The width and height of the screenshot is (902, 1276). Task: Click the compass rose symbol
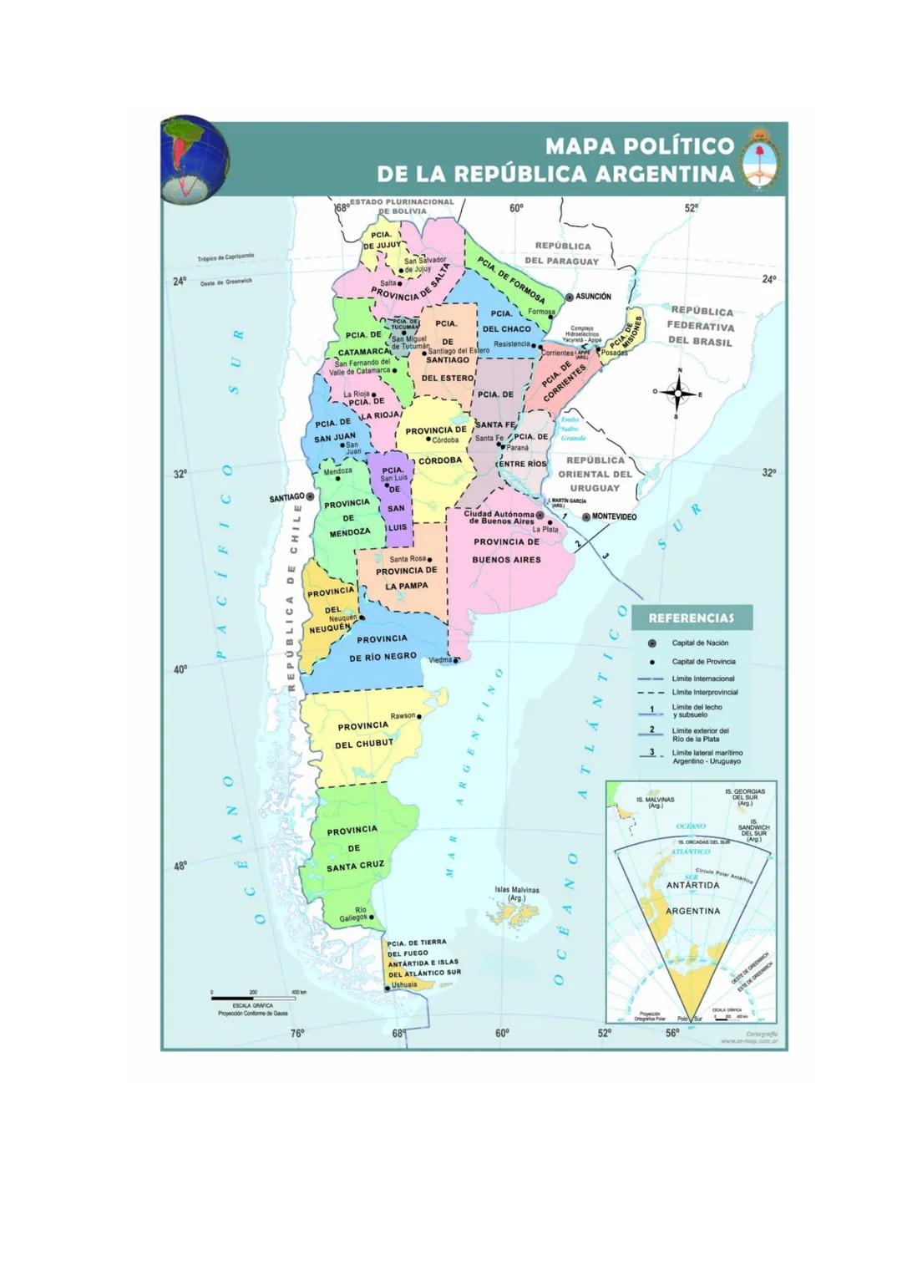coord(679,392)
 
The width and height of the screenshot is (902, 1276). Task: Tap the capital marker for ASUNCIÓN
coord(570,297)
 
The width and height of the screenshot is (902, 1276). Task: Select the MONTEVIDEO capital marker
coord(586,517)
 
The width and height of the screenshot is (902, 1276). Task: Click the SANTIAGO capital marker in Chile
coord(310,496)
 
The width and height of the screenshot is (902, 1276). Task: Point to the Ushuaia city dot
coord(387,988)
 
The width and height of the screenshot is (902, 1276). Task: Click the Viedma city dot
coord(456,660)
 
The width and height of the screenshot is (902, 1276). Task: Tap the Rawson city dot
coord(420,716)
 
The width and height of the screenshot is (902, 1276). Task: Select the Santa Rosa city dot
coord(430,559)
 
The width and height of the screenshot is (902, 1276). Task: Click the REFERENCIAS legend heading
coord(691,618)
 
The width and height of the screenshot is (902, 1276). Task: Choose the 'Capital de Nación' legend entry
coord(700,643)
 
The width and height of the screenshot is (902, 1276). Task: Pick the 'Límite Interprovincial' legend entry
coord(704,692)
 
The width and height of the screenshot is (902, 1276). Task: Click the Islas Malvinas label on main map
coord(517,893)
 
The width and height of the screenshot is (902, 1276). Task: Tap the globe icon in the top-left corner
coord(195,159)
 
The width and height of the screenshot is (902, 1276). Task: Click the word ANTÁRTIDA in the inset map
coord(692,885)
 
